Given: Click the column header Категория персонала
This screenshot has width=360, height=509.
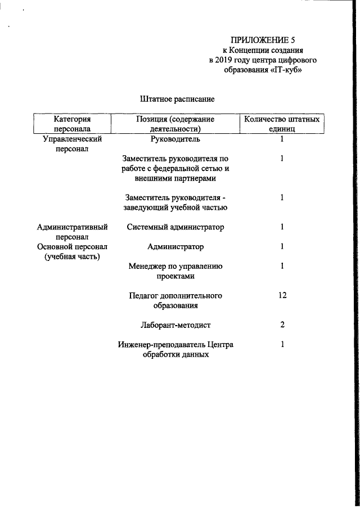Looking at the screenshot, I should pos(73,124).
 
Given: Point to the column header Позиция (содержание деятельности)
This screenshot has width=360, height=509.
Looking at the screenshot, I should pos(175,124).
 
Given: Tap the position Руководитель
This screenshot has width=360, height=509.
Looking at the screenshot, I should pos(175,138).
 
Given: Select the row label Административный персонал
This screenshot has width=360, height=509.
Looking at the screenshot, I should pos(72,232).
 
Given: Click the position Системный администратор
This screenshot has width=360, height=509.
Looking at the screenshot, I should pos(175,227).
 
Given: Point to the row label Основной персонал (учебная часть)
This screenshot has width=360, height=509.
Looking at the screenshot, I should pos(72,252).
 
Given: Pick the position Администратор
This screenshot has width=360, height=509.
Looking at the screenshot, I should pos(175,247).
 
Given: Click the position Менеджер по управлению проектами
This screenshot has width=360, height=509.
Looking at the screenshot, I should pos(175,272).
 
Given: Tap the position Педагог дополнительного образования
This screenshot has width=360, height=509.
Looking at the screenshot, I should pos(175,301).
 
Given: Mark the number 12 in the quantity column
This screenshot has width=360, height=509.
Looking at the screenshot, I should pos(282,296).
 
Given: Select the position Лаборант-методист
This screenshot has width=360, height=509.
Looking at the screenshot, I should pos(175,325).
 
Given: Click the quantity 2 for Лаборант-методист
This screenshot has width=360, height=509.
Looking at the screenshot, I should pos(282,325).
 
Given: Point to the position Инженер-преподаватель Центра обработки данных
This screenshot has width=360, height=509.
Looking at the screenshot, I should pos(175,350).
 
